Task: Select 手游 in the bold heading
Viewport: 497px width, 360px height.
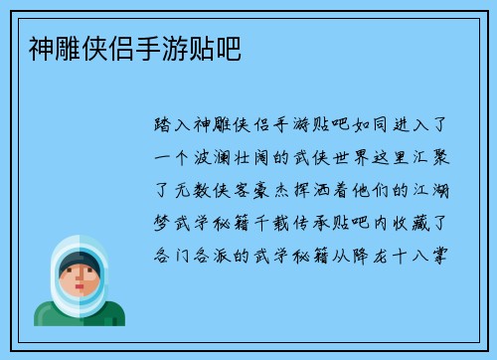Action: (x=157, y=46)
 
